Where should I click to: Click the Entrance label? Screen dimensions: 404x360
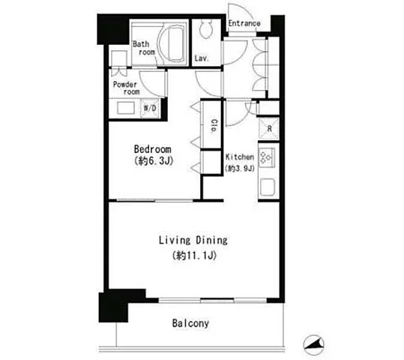[244, 23]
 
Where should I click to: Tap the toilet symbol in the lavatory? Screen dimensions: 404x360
[206, 29]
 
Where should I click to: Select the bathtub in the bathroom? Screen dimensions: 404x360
[172, 43]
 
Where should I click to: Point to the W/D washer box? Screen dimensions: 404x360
[150, 108]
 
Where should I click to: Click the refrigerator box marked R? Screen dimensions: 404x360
[269, 128]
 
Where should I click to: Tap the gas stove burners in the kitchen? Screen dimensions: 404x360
[266, 157]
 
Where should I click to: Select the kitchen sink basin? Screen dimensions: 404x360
[268, 187]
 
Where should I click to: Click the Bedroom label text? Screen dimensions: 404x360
[153, 149]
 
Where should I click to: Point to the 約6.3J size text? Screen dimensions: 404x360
[154, 161]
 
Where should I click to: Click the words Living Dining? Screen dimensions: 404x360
[193, 240]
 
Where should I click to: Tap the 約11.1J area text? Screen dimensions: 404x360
[194, 256]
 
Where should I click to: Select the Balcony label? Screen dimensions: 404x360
[190, 323]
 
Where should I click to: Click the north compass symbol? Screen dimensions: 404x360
[313, 345]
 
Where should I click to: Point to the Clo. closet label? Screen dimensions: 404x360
[214, 125]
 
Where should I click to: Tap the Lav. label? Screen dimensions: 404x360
[201, 58]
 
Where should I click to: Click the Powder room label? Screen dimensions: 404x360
[126, 88]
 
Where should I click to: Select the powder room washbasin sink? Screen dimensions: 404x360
[126, 108]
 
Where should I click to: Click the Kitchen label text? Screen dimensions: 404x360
[240, 157]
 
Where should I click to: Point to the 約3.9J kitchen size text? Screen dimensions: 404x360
[240, 169]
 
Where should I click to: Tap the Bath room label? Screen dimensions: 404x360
[144, 48]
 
